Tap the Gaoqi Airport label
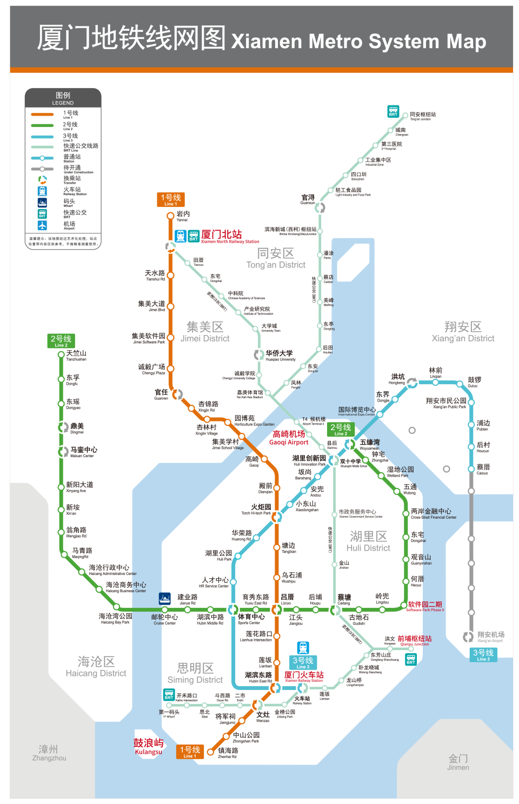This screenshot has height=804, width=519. point(289,438)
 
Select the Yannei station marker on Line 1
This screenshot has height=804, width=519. point(170,216)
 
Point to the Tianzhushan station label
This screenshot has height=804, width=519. point(76,356)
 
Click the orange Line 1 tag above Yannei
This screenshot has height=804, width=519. point(170,199)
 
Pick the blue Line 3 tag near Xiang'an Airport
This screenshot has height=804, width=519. point(482,654)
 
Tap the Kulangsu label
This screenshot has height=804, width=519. point(148,746)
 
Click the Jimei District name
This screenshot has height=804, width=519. point(205,332)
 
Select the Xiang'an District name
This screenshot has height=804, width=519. point(463,332)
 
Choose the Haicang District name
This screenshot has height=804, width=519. point(96,667)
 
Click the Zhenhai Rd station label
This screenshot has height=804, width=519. point(228,753)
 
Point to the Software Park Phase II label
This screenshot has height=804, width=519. point(425,606)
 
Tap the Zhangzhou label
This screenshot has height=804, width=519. point(49,753)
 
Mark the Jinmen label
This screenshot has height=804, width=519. point(458,762)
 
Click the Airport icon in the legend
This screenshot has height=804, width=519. point(42,225)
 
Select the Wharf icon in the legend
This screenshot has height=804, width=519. point(42,202)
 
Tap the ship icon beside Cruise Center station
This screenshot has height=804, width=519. point(165,598)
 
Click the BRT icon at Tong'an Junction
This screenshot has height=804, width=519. point(393,111)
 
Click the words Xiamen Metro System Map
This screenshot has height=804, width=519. point(358,42)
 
